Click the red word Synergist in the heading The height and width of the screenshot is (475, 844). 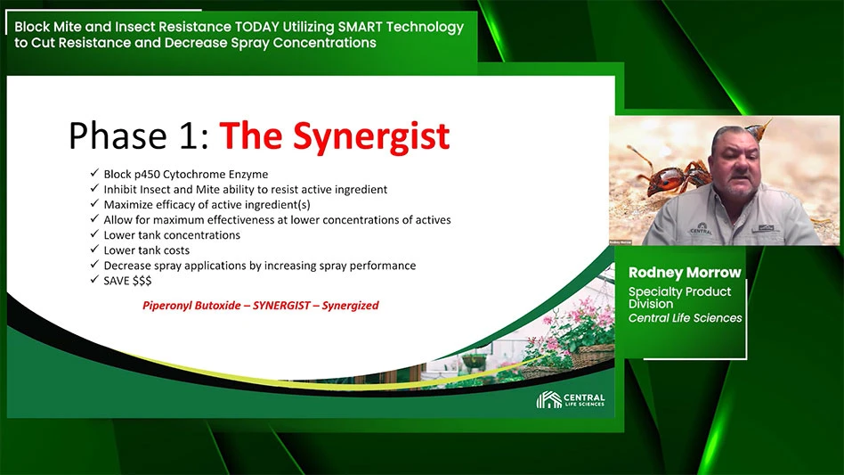click(x=371, y=136)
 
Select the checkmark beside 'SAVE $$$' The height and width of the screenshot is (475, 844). click(x=94, y=280)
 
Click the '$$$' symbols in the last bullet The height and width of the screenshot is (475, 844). click(x=142, y=281)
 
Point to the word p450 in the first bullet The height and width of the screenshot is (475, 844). click(x=147, y=175)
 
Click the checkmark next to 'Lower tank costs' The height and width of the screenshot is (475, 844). click(x=94, y=249)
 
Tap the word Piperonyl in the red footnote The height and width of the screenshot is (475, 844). click(x=166, y=306)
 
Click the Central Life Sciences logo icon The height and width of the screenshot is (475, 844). click(x=548, y=399)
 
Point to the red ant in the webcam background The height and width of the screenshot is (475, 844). click(x=670, y=175)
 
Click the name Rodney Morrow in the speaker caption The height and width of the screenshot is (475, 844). click(x=685, y=273)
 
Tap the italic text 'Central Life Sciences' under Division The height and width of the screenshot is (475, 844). click(x=685, y=318)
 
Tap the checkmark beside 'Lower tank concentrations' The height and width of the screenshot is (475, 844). click(x=94, y=233)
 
